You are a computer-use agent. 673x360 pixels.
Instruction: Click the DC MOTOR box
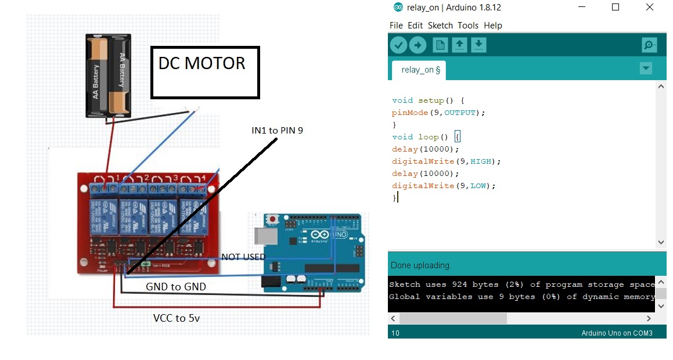[x=205, y=71]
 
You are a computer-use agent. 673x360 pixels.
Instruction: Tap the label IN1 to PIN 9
[x=277, y=131]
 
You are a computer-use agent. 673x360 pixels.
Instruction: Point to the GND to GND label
[x=176, y=287]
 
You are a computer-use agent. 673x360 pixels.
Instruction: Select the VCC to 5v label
[x=177, y=318]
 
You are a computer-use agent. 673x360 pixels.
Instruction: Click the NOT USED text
[x=243, y=257]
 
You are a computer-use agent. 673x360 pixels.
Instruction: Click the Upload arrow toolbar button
[x=418, y=45]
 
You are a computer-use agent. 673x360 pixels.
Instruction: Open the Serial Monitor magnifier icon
[x=649, y=45]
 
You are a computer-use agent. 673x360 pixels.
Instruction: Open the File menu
[x=396, y=26]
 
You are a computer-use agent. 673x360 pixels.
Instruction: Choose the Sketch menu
[x=440, y=26]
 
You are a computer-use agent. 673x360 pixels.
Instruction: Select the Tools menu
[x=468, y=26]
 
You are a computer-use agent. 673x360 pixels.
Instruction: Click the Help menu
[x=493, y=26]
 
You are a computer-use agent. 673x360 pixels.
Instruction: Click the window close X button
[x=650, y=8]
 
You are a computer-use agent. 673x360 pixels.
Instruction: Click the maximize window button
[x=616, y=8]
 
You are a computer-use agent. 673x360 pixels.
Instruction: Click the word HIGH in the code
[x=481, y=161]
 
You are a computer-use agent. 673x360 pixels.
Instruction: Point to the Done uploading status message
[x=421, y=265]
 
